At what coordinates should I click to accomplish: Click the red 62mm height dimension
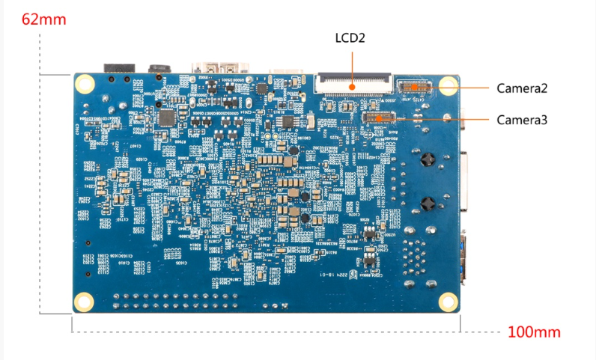tap(44, 19)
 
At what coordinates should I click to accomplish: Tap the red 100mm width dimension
tap(534, 332)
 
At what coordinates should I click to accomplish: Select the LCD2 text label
tap(350, 37)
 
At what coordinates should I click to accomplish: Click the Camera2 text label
tap(522, 88)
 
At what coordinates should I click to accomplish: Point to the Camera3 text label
tap(522, 119)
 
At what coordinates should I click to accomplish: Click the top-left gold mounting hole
tap(85, 85)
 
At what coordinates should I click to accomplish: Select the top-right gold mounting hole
tap(448, 85)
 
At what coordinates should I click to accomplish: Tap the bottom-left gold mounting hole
tap(84, 301)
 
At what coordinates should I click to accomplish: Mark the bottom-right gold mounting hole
tap(448, 301)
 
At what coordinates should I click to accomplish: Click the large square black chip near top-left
tap(166, 118)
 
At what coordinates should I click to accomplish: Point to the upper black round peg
tap(428, 159)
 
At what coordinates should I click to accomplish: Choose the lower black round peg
tap(428, 203)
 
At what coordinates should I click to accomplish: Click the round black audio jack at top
tap(158, 69)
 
